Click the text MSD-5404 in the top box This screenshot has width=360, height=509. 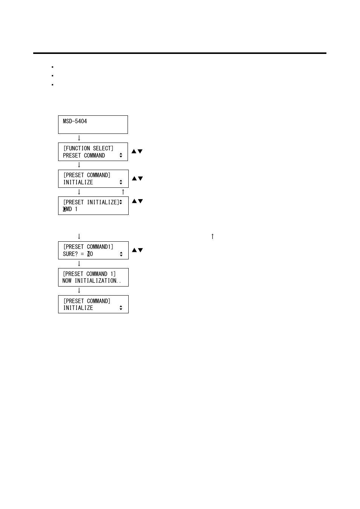tap(75, 121)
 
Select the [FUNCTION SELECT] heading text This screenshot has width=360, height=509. tap(88, 149)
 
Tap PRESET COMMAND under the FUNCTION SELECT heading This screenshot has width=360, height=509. tap(84, 156)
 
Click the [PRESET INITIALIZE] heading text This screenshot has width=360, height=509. tap(91, 202)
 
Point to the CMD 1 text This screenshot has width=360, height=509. tap(70, 209)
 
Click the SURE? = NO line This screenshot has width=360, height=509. tap(78, 254)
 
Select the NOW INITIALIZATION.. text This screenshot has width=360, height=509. tap(92, 281)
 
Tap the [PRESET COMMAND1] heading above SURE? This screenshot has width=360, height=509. tap(88, 247)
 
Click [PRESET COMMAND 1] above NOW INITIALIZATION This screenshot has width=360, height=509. tap(89, 274)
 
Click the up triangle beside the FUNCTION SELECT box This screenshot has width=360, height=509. tap(134, 152)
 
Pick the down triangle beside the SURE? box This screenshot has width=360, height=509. tap(140, 250)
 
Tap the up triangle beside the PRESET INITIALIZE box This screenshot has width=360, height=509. tap(134, 201)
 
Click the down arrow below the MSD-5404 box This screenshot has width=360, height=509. tap(79, 138)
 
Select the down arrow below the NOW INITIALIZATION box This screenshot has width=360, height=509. tap(79, 290)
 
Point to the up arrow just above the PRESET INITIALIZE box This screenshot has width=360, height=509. tap(123, 192)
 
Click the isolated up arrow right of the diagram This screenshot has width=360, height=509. tap(212, 236)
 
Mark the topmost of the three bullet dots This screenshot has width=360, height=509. tap(52, 67)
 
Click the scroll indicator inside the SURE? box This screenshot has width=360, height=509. tap(121, 254)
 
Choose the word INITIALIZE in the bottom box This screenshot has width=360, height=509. tap(78, 308)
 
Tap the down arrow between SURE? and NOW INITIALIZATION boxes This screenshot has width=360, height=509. tap(79, 264)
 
